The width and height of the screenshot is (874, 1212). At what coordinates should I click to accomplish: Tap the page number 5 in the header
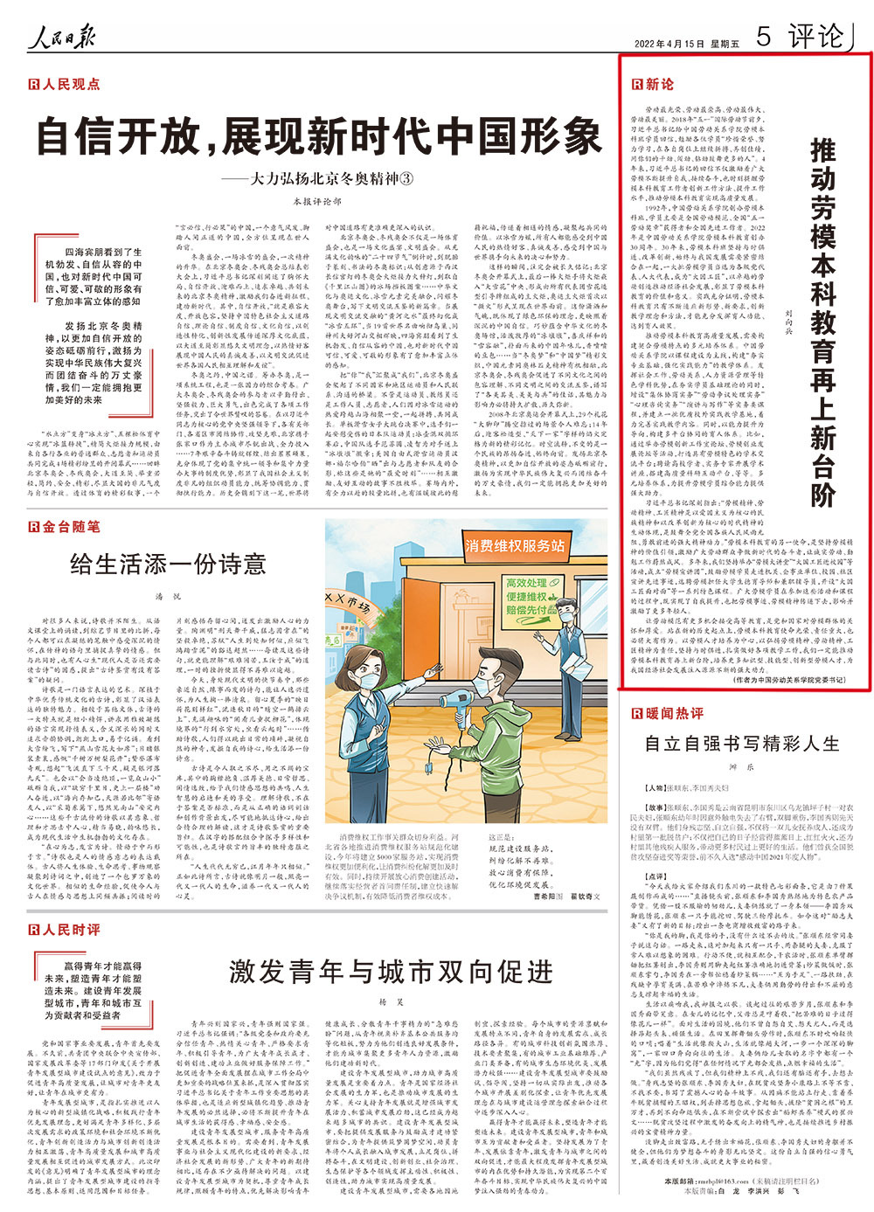point(764,37)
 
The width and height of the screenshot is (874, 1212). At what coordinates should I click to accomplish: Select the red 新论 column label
point(654,84)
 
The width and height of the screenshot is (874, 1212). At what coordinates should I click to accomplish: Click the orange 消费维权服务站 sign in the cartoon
point(515,546)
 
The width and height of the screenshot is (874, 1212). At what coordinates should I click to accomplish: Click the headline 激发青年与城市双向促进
point(391,970)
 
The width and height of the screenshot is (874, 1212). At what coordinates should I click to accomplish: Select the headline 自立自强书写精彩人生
point(741,744)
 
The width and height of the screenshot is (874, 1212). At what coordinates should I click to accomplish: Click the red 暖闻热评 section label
point(667,714)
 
